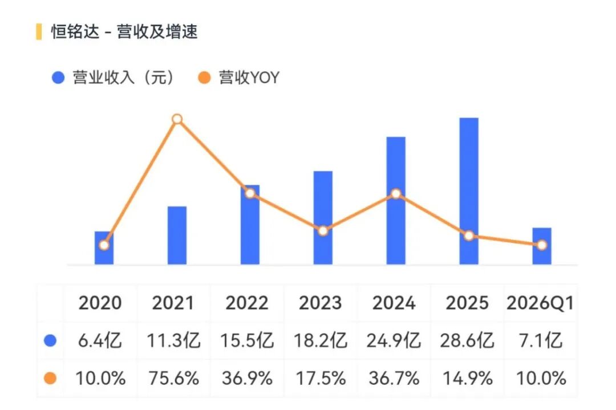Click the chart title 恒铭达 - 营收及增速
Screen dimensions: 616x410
click(124, 32)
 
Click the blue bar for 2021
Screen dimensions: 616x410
click(177, 236)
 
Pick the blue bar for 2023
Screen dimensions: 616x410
click(323, 218)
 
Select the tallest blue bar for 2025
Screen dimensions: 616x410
click(469, 191)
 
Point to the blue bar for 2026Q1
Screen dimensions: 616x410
click(542, 246)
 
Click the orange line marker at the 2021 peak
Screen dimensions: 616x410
click(177, 119)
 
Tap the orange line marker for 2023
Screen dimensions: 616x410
click(323, 231)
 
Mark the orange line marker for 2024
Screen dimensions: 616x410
click(396, 194)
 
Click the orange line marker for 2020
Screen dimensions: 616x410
click(104, 245)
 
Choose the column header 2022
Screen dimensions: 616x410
click(247, 303)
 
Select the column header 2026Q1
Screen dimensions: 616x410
click(540, 303)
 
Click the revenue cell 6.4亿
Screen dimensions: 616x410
click(100, 340)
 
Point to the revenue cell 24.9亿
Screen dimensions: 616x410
click(394, 340)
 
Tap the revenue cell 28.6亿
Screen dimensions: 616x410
click(467, 340)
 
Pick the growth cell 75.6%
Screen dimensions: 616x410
click(173, 378)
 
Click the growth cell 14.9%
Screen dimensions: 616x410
click(468, 378)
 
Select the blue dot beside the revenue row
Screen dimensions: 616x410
click(50, 340)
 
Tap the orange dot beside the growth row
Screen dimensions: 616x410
click(50, 378)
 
